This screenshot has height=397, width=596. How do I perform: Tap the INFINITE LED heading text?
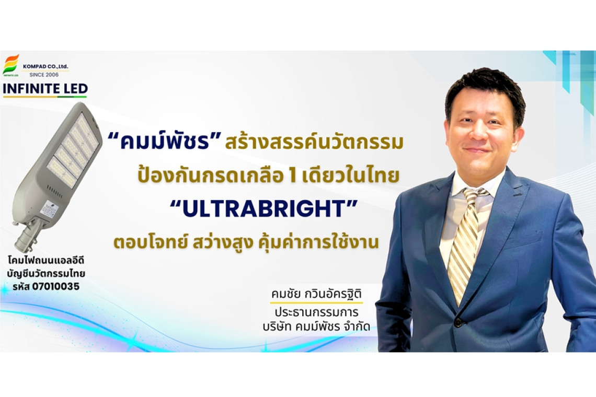(x=45, y=89)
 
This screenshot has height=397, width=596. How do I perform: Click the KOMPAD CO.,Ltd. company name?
(x=45, y=66)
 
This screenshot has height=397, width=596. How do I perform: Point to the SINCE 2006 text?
(x=44, y=75)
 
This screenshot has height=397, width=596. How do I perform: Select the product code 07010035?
(x=56, y=287)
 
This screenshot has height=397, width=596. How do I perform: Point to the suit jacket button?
(x=458, y=322)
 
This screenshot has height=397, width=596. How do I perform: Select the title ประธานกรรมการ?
(x=317, y=313)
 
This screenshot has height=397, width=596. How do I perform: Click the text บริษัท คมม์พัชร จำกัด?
(x=316, y=326)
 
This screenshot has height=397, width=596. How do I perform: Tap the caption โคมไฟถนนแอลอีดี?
(x=46, y=261)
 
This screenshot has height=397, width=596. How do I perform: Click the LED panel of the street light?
(x=73, y=150)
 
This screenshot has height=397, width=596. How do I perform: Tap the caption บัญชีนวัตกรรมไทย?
(x=46, y=274)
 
